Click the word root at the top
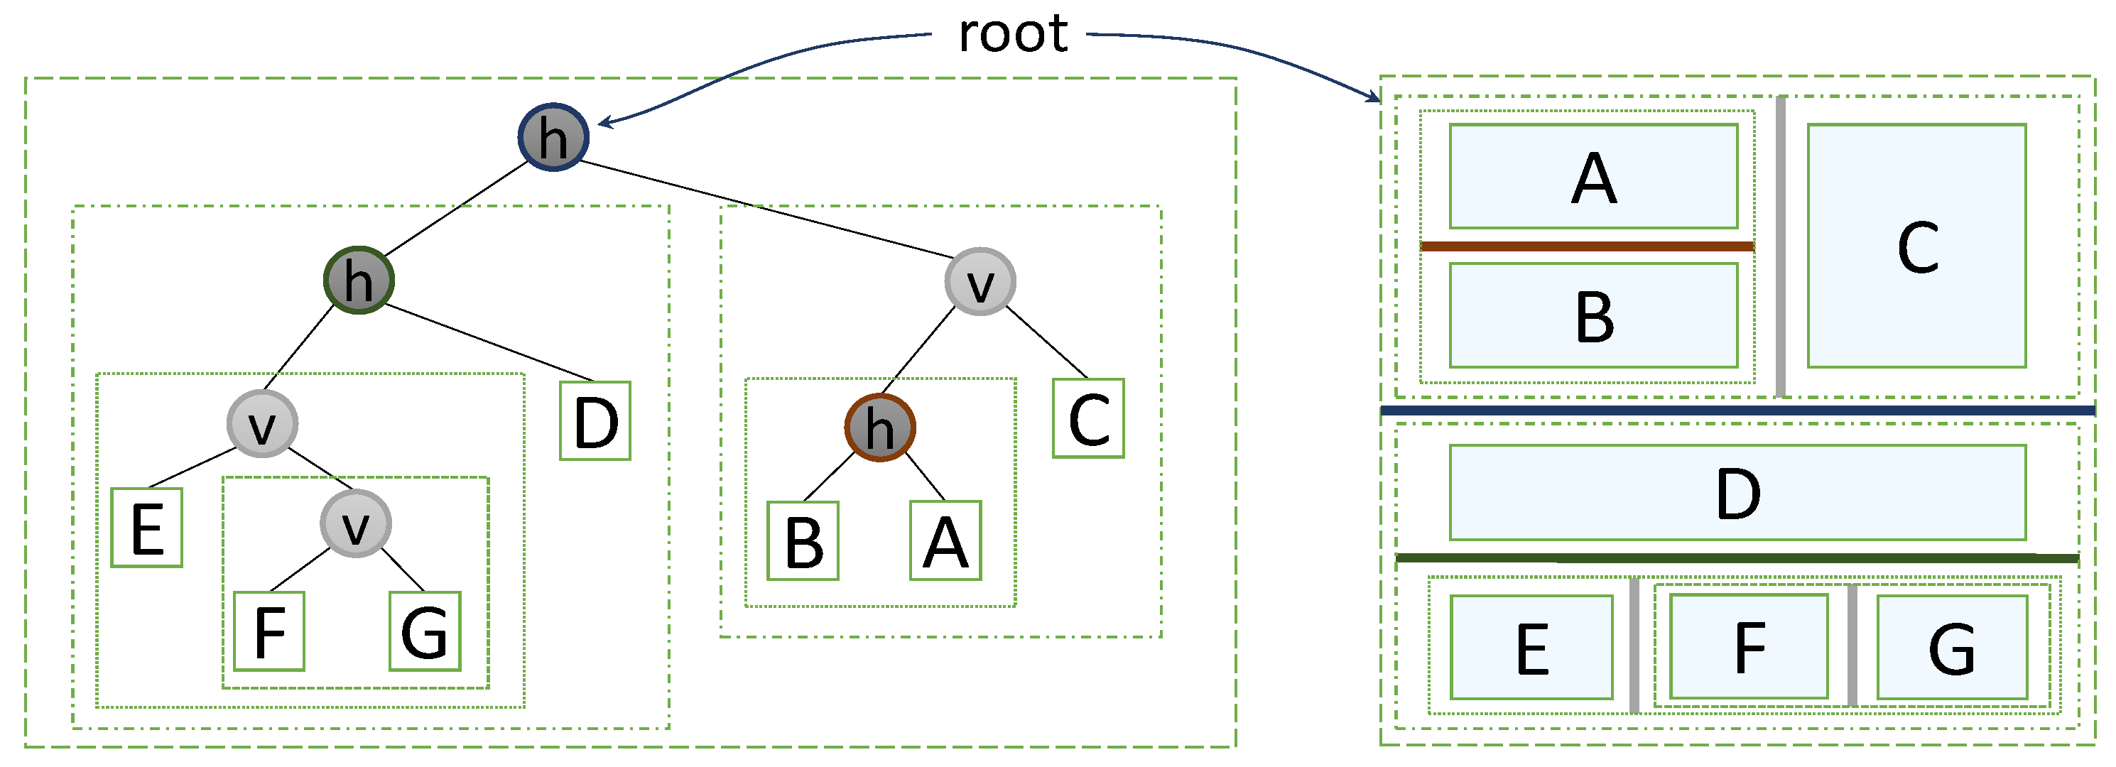[1012, 35]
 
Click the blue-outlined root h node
[553, 137]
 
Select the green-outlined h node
[358, 280]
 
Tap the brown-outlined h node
[880, 427]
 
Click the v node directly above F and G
[356, 524]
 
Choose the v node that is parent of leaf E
[262, 424]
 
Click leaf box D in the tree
[595, 420]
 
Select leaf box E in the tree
[147, 527]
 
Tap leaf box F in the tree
[269, 631]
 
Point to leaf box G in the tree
[425, 631]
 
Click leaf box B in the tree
[803, 540]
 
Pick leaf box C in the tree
[1088, 418]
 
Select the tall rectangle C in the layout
[1916, 246]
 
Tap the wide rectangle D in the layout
[1737, 493]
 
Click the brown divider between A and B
[1587, 246]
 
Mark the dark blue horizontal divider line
[1737, 410]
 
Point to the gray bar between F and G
[1852, 646]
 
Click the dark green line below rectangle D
[1737, 558]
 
